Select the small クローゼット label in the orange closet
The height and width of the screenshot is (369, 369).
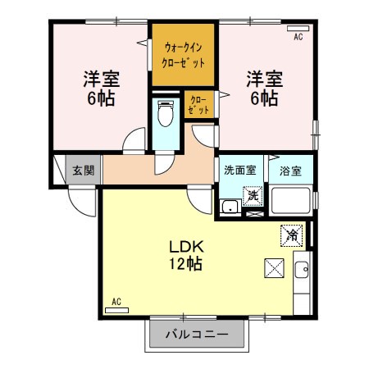[x=199, y=104]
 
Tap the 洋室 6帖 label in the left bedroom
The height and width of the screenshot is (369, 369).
[x=101, y=89]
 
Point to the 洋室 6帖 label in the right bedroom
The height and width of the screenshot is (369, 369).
[x=264, y=89]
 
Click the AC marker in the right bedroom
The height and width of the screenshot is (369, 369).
[x=298, y=37]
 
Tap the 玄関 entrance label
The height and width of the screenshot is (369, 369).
[x=82, y=171]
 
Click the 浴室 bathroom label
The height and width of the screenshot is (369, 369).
[x=290, y=171]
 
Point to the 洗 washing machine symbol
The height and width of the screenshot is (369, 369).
[x=254, y=195]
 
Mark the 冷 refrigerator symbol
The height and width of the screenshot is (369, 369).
[x=290, y=235]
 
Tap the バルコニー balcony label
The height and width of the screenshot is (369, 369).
[x=197, y=334]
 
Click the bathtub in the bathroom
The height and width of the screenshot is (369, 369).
[x=291, y=201]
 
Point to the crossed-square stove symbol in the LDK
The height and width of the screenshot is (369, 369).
[x=274, y=267]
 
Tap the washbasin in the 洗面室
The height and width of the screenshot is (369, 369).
[x=230, y=205]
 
